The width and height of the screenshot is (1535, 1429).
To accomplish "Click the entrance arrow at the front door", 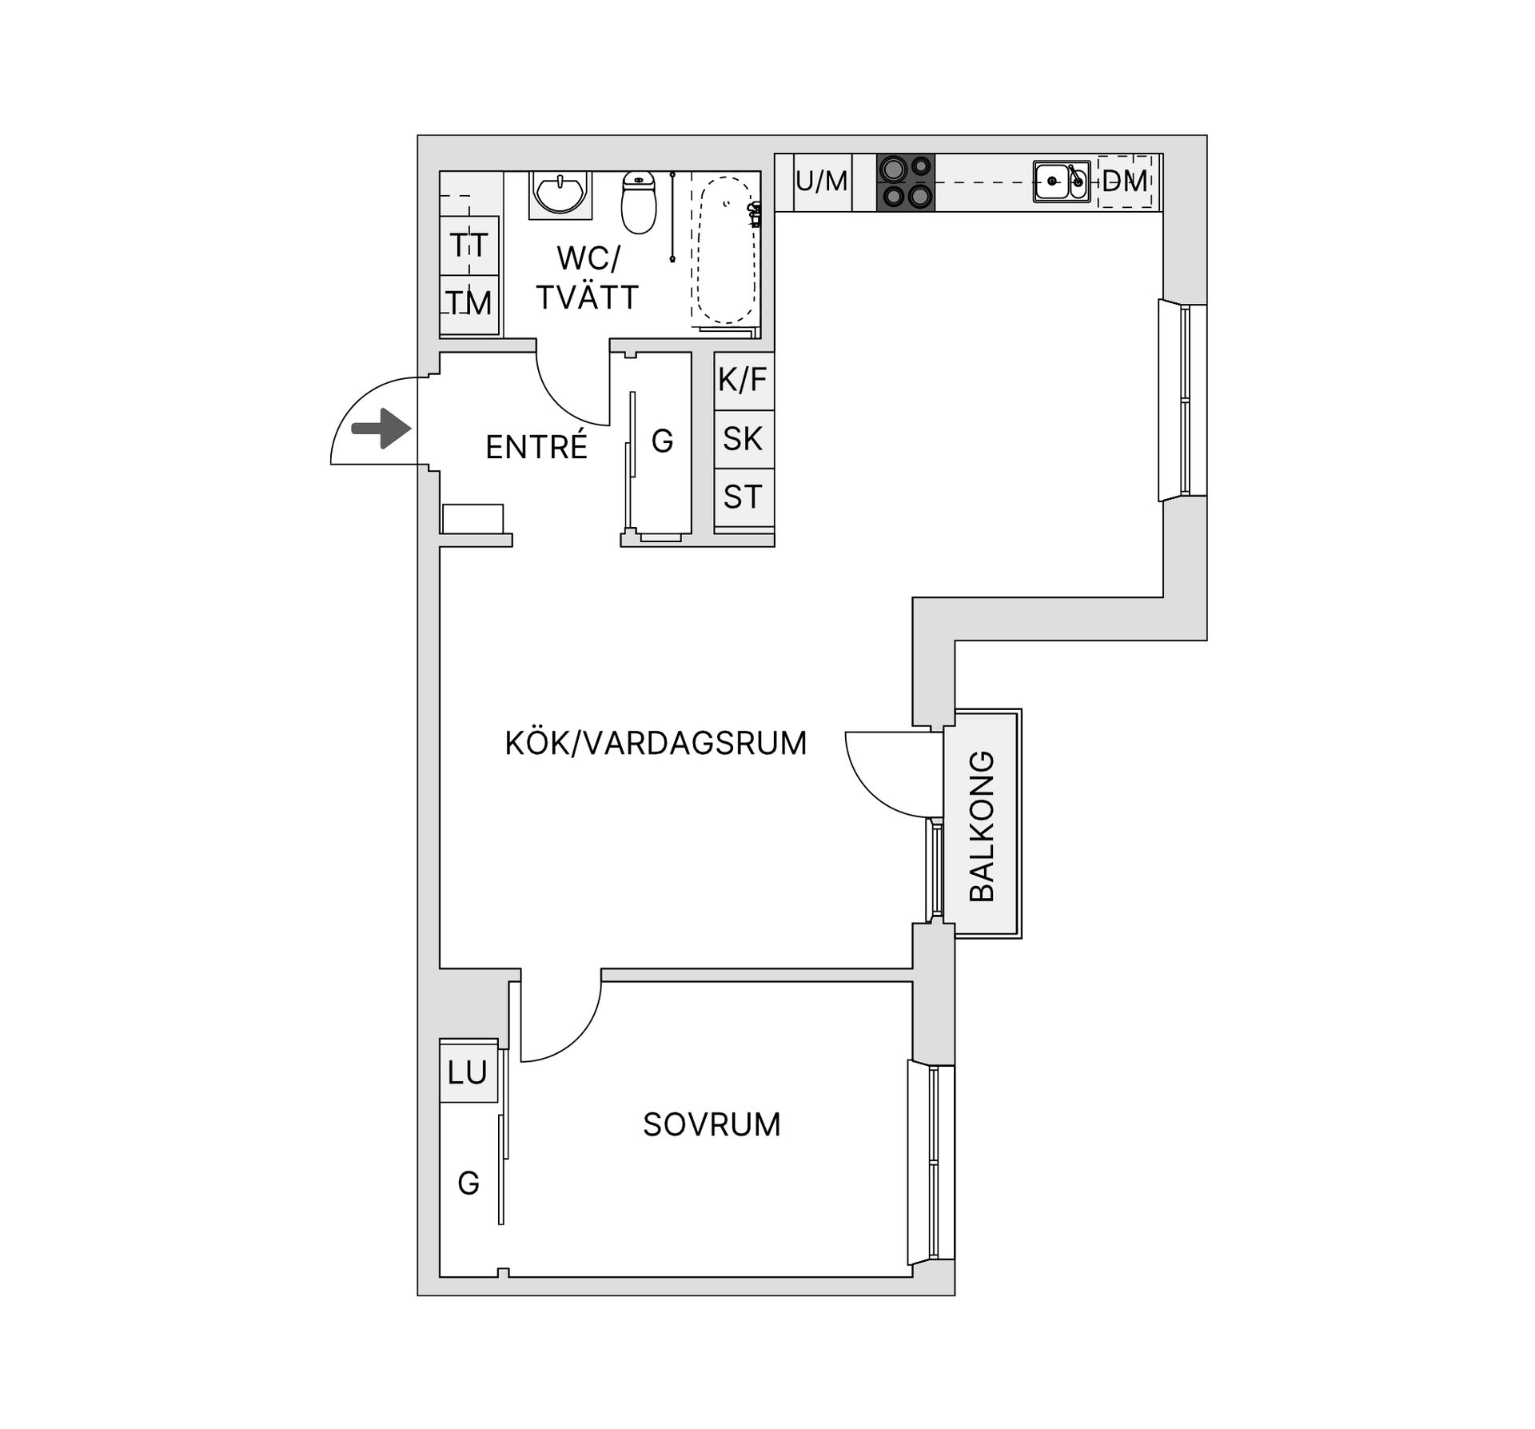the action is (382, 429).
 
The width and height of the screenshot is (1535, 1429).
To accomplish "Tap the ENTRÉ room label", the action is (536, 447).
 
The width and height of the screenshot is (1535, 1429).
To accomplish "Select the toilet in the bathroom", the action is (639, 202).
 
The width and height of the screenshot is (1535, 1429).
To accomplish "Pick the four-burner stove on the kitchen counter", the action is (906, 182).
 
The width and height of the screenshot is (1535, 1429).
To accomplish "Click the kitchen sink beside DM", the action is (1061, 182).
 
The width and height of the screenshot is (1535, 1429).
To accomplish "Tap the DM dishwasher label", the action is (1125, 182).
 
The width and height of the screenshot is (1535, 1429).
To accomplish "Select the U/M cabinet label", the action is (822, 182).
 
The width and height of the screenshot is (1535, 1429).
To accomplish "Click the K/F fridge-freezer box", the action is (744, 381).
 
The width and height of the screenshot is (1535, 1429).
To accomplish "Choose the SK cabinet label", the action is (743, 439).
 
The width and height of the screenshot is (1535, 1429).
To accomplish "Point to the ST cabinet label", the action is (743, 497).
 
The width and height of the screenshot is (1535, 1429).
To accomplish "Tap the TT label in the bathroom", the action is (468, 245).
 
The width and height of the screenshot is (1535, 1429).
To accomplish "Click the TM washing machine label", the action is (468, 304).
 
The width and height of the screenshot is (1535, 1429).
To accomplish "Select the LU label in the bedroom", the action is (468, 1072).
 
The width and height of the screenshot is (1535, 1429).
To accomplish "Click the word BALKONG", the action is (981, 826).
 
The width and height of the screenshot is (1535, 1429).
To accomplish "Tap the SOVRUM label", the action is (712, 1125).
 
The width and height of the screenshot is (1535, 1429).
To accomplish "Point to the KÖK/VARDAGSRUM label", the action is (656, 744).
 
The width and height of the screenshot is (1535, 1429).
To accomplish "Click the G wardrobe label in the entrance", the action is (663, 441).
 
